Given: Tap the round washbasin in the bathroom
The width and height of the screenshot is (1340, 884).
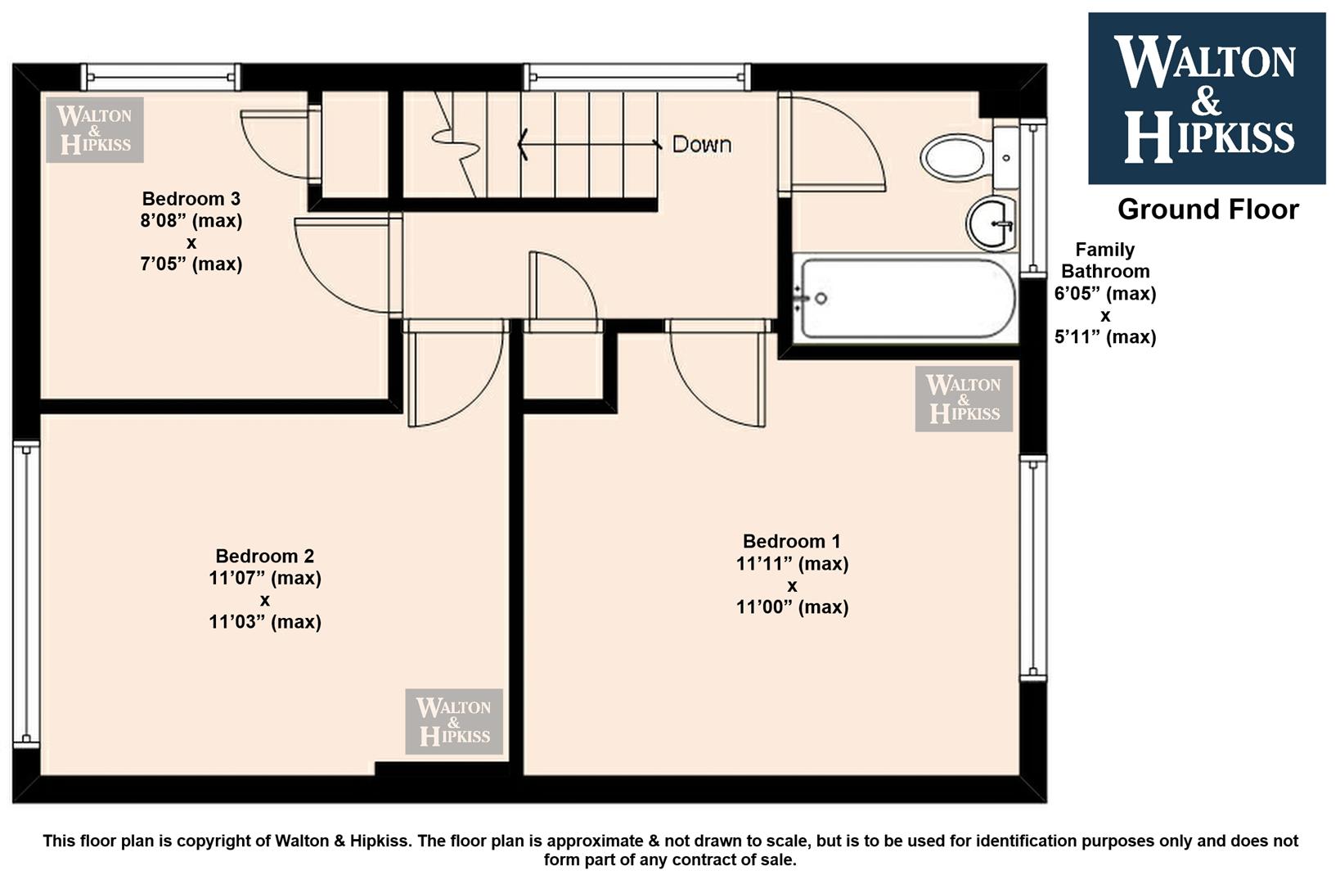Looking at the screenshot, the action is [992, 223].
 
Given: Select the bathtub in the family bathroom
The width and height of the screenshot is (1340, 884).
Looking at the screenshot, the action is [906, 298].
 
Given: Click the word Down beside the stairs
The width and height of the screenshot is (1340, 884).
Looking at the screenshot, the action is [702, 144].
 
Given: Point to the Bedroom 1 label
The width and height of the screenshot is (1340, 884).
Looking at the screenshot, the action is [791, 541].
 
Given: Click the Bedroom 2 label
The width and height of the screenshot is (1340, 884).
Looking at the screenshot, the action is [264, 556].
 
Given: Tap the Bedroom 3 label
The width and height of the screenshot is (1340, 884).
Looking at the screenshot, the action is [191, 198].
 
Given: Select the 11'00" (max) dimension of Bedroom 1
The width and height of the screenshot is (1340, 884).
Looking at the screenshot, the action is [792, 607].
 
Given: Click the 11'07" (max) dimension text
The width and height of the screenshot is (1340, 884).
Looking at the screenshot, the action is [264, 578].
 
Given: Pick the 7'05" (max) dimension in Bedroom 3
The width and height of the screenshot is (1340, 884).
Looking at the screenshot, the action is [191, 264].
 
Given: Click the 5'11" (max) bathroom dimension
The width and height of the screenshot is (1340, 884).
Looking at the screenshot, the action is [1105, 337].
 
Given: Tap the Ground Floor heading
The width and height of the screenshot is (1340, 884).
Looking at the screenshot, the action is [1207, 210].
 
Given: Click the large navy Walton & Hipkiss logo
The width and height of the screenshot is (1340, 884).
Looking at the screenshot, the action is [1207, 98].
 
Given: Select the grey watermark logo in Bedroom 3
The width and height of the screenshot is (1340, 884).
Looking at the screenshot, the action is [95, 130].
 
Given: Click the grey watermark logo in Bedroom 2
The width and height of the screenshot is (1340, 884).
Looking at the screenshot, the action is [454, 721].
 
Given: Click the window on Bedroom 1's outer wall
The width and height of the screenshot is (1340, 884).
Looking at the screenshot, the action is [1033, 568].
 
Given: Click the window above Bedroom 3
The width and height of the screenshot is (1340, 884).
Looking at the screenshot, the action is [161, 77].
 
